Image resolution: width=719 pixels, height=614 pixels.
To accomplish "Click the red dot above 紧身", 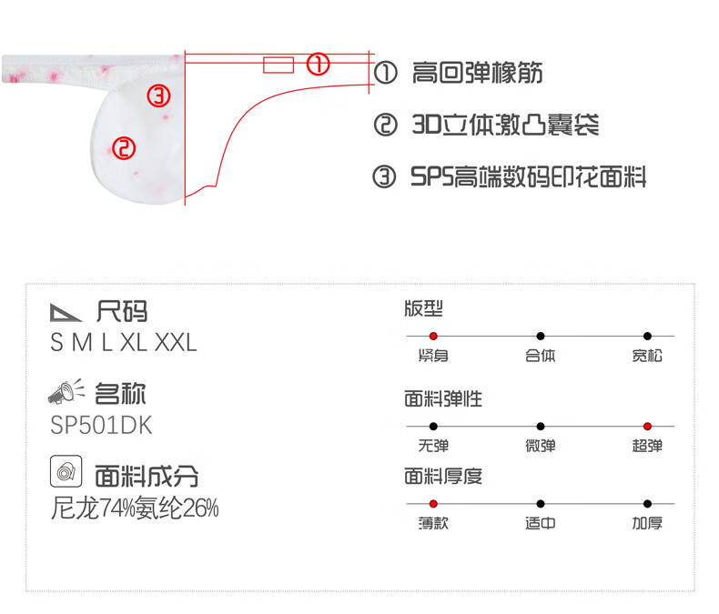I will click(433, 337).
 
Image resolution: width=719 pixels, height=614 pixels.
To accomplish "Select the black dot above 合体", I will click(541, 337).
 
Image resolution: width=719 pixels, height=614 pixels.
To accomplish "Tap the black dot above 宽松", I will click(647, 337).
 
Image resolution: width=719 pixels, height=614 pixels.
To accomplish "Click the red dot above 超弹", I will click(647, 426).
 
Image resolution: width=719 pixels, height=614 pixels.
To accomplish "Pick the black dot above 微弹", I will click(541, 426).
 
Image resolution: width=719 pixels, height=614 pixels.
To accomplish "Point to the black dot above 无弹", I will click(433, 426).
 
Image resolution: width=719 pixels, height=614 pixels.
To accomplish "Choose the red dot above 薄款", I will click(433, 503).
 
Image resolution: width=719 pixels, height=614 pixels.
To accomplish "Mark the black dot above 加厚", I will click(647, 503).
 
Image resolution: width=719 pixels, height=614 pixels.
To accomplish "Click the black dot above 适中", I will click(541, 503).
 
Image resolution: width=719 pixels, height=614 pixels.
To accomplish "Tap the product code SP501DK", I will click(102, 426).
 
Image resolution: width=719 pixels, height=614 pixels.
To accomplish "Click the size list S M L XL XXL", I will click(124, 343).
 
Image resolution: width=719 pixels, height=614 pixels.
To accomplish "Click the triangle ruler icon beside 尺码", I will click(66, 313).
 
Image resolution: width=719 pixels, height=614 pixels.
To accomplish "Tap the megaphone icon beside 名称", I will click(66, 393).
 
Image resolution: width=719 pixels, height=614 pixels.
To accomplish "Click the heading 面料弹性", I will click(443, 398).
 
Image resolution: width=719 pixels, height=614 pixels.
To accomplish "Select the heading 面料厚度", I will click(443, 476).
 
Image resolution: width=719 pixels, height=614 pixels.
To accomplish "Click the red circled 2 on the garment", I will click(124, 147).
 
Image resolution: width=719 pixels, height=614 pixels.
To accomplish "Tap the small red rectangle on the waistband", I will click(278, 64).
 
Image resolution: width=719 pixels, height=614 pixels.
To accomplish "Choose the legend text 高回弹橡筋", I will click(477, 73).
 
